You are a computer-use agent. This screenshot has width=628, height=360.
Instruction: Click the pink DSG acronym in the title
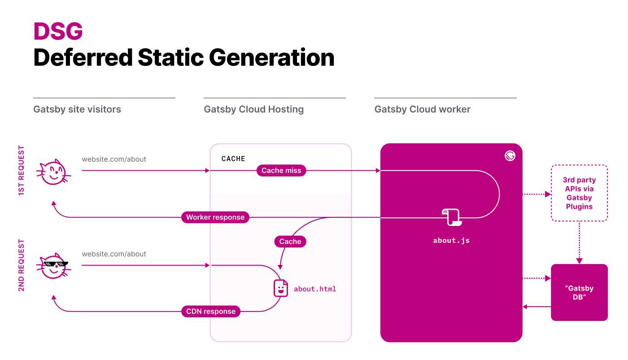[x=58, y=32]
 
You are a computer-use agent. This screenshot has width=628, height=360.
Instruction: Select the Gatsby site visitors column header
[x=77, y=109]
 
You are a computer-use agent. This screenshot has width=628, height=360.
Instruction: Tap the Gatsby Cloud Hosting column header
[x=253, y=109]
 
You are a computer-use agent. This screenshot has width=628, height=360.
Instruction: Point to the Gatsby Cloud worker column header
[x=422, y=109]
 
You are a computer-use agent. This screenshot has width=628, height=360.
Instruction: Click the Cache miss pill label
[x=281, y=170]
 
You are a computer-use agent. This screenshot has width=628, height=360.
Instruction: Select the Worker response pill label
[x=215, y=217]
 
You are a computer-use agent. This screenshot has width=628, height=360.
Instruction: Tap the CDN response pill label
[x=211, y=312]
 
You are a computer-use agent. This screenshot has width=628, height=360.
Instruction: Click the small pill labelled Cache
[x=290, y=242]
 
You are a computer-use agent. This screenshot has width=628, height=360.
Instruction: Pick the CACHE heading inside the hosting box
[x=233, y=159]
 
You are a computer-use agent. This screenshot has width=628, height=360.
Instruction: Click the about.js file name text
[x=451, y=241]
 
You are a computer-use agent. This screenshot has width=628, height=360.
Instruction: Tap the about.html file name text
[x=315, y=289]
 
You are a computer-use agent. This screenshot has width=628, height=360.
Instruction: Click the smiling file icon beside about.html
[x=281, y=288]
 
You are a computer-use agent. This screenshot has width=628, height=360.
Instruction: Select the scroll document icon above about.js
[x=452, y=217]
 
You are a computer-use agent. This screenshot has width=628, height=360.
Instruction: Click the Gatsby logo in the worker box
[x=510, y=156]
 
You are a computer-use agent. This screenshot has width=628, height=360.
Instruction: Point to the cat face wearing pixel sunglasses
[x=54, y=266]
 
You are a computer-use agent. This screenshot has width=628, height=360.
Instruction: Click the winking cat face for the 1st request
[x=53, y=172]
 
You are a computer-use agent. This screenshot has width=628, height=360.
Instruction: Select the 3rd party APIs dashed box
[x=579, y=193]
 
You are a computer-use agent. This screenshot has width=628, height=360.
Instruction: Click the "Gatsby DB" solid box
[x=579, y=292]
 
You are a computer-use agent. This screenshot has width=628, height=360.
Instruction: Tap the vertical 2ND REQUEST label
[x=22, y=265]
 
